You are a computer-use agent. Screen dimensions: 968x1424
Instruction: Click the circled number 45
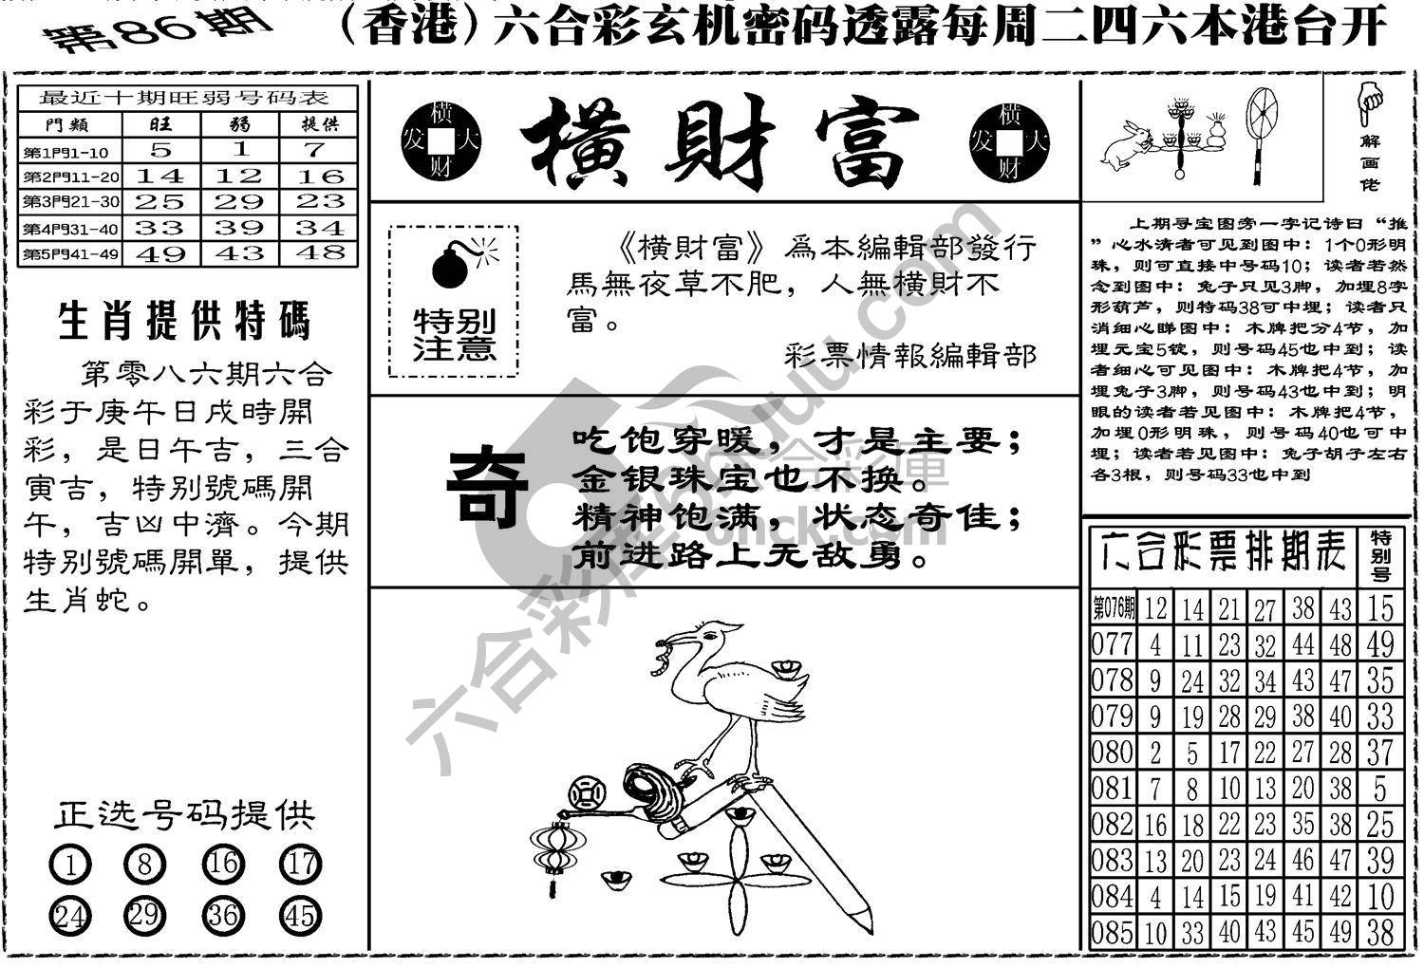coord(301,916)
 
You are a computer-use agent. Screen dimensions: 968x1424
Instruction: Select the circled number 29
coord(144,916)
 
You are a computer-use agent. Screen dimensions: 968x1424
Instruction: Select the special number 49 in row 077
coord(1380,644)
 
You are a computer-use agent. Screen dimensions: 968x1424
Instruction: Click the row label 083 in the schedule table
coord(1113,860)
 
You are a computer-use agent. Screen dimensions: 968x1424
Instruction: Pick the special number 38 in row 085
coord(1380,932)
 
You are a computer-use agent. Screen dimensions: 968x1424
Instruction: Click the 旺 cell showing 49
coord(162,253)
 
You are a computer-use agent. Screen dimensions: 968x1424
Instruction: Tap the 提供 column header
coord(319,123)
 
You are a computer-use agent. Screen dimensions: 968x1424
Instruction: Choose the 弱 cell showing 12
coord(239,176)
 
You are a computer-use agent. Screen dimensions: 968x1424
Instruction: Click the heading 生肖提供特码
coord(184,322)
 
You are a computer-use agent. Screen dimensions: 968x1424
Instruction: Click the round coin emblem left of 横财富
coord(441,143)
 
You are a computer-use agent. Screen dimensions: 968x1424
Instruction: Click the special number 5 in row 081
coord(1380,788)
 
